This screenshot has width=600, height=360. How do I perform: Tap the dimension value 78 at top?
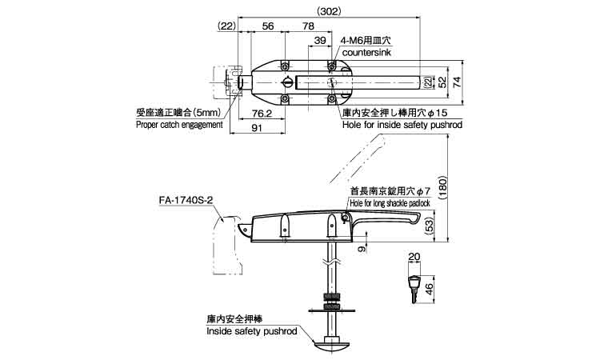tap(308, 26)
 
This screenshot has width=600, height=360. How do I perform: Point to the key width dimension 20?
tap(414, 258)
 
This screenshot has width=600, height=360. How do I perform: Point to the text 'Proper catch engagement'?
tap(178, 125)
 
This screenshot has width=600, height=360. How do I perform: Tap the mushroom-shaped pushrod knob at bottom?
tap(329, 345)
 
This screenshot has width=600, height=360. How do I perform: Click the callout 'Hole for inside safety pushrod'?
tap(402, 126)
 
